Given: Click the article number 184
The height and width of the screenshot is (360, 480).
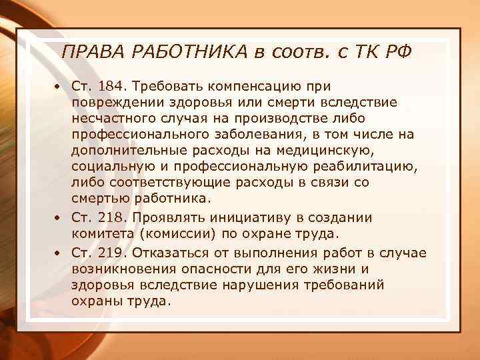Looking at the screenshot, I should point(112,87).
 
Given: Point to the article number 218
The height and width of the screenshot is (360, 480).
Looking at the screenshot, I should point(112,218).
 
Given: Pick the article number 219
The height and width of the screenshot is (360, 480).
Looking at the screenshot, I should point(112,251).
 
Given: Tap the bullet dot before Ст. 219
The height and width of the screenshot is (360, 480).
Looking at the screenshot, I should point(59,252).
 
